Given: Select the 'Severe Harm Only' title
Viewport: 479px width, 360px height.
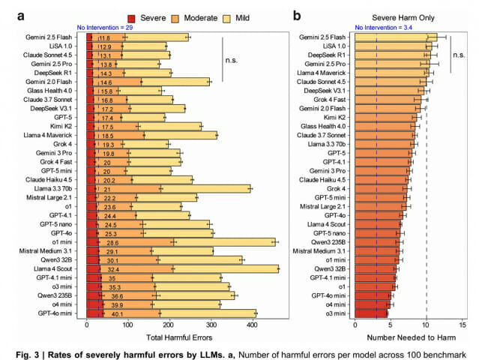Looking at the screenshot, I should pos(409,15).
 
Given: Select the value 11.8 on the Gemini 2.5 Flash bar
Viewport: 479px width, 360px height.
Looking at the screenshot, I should pos(104,37).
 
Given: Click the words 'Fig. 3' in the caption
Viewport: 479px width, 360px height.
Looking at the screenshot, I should pos(34,353).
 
